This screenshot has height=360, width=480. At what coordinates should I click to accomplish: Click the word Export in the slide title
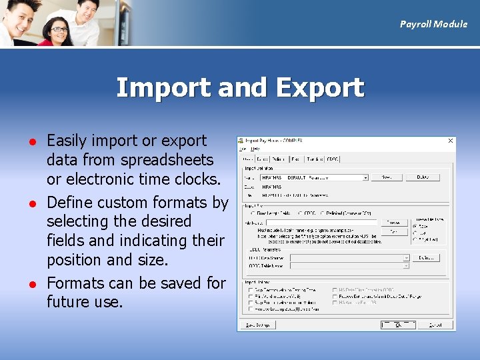(x=319, y=88)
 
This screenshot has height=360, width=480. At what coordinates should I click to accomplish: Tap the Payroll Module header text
(x=433, y=24)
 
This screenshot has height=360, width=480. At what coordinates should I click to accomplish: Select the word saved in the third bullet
(x=180, y=283)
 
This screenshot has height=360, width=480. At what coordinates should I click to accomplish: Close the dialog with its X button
(x=451, y=141)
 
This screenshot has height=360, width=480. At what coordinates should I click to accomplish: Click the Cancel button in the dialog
(x=435, y=325)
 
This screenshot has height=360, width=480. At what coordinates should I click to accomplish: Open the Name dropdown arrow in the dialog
(x=365, y=178)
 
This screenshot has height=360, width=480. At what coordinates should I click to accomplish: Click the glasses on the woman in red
(x=59, y=29)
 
